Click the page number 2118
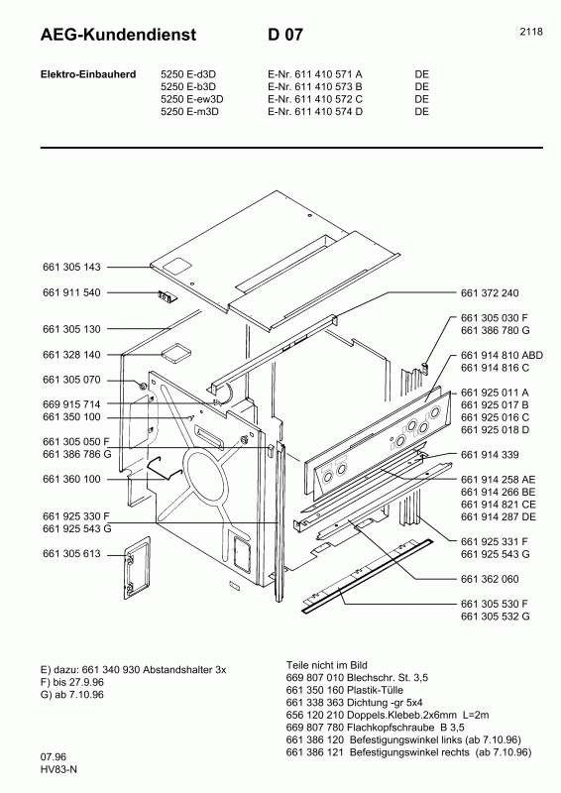530,32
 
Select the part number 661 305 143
71,268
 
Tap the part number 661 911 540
71,293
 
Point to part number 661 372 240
490,293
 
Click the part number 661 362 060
490,577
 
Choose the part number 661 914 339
490,455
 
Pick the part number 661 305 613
71,555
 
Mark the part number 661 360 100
71,479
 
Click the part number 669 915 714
71,404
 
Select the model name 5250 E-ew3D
192,99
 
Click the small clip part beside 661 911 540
164,294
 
